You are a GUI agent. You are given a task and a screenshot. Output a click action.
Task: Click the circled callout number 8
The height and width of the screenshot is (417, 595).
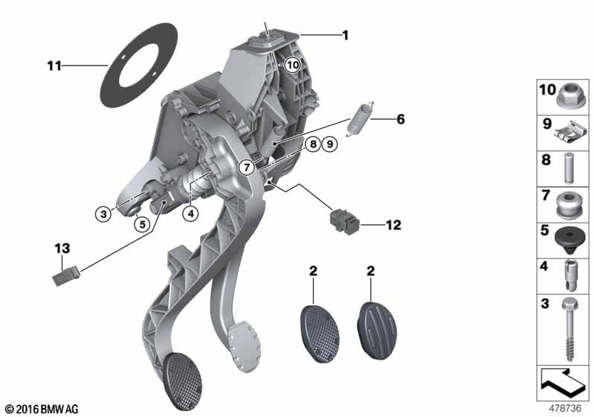pos(313,144)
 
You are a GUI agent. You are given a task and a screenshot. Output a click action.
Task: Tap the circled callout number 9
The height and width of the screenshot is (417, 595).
pos(329,144)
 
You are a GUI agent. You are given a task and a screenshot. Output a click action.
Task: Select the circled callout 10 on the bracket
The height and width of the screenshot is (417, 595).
pos(292,65)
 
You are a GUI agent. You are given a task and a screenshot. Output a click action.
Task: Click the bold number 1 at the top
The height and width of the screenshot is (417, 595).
pos(344,34)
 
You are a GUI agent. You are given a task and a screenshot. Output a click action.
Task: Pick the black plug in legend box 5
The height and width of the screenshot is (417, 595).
pos(568,239)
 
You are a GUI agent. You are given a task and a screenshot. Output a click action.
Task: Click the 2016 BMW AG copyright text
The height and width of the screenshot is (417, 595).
pos(41,409)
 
